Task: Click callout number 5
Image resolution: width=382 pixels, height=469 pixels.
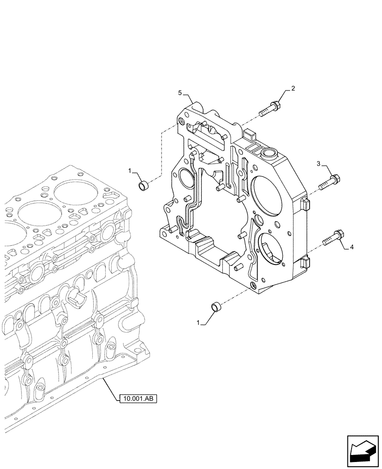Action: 180,94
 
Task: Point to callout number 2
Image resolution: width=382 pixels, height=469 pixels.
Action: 293,88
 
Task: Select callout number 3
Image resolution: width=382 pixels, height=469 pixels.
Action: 319,164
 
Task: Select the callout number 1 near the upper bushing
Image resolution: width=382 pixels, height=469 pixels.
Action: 131,172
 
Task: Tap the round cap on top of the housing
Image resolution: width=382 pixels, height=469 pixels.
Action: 271,153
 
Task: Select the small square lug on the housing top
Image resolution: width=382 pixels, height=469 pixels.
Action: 250,136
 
